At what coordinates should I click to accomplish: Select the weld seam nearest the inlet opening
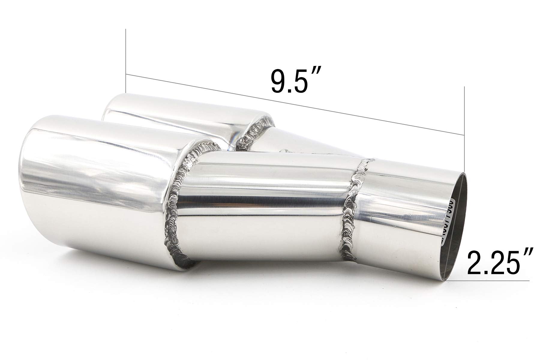(356, 213)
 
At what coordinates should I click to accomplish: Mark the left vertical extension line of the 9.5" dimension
(126, 60)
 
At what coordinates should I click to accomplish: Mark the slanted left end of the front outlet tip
(25, 192)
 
